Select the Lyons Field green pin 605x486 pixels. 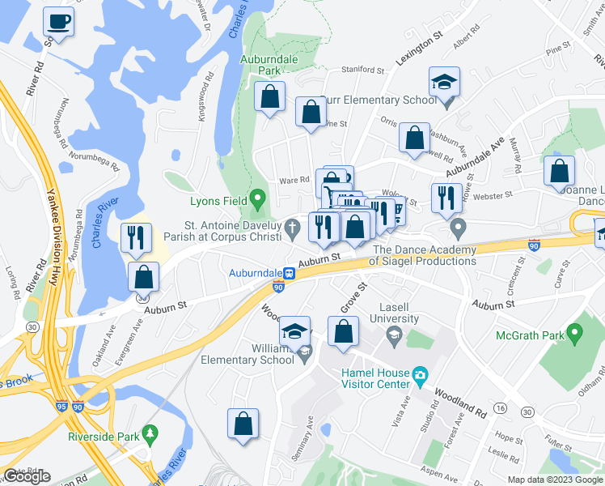pos(258,197)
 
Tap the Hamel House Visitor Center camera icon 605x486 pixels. pos(420,375)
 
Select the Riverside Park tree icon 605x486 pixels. pos(150,434)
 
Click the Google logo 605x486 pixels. pos(27,476)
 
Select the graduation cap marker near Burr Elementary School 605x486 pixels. pos(444,82)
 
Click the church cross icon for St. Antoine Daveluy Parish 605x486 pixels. pos(296,232)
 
